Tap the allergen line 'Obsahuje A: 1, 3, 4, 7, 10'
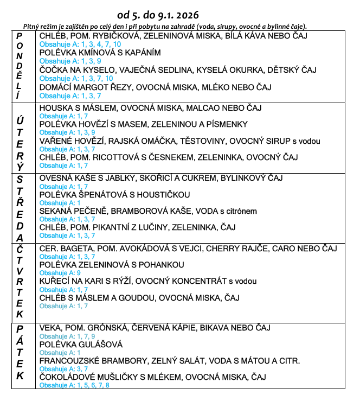click(80, 44)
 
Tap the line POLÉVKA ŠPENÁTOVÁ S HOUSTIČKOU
click(115, 194)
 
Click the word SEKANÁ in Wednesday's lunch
click(56, 211)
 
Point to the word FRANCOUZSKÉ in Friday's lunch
click(75, 361)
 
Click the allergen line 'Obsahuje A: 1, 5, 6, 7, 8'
click(74, 385)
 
